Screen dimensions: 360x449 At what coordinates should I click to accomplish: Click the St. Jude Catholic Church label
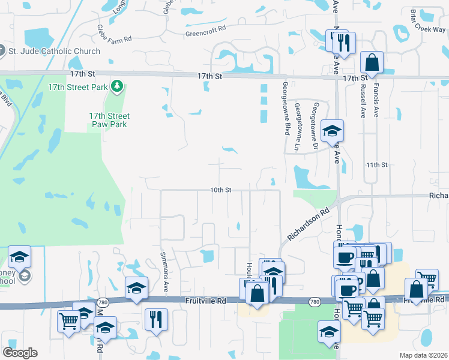point(54,51)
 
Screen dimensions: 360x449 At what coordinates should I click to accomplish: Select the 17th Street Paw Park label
point(109,120)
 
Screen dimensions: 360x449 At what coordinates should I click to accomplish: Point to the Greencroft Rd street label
point(205,28)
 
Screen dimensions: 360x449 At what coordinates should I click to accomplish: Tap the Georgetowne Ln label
point(298,127)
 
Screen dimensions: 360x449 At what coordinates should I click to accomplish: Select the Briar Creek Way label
point(427,25)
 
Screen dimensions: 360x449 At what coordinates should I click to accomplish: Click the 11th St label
point(378,164)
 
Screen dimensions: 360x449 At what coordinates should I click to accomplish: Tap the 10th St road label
point(221,190)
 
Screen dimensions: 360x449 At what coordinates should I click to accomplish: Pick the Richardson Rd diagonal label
point(309,224)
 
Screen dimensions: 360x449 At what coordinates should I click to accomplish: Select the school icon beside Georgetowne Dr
point(331,132)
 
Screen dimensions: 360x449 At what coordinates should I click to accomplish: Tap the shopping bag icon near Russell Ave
point(372,62)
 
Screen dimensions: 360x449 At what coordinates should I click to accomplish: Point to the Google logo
point(20,353)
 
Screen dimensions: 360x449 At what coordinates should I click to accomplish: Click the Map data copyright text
point(422,355)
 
